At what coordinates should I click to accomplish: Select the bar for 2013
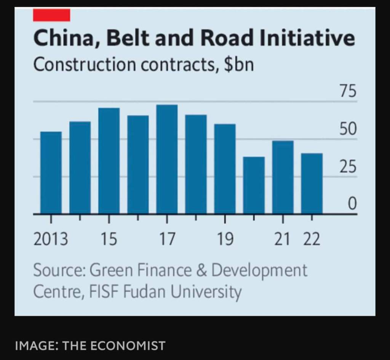51,173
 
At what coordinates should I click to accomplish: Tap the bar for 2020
254,185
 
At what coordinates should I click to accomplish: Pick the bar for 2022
312,183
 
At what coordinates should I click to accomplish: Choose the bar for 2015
109,161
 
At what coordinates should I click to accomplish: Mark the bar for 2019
225,169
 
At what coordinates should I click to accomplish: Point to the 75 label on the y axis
348,92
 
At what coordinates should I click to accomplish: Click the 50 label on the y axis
348,129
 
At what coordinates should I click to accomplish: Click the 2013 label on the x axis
51,240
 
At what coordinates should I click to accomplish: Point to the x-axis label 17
167,240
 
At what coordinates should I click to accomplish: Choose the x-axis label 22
312,240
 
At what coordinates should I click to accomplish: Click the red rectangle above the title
51,15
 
